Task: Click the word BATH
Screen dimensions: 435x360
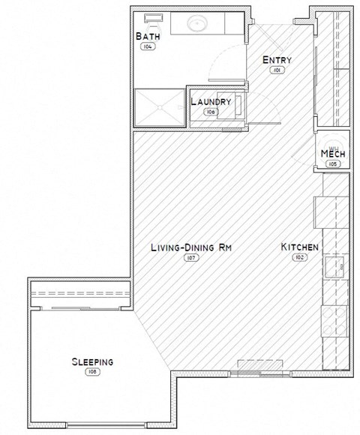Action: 146,36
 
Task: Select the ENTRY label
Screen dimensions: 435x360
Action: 276,61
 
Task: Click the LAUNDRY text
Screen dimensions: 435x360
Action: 210,101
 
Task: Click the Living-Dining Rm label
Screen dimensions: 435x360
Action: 187,247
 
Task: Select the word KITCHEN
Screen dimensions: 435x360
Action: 300,247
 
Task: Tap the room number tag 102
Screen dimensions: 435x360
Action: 300,258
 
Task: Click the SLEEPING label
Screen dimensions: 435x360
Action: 92,361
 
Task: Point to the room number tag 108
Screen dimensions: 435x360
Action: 92,372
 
